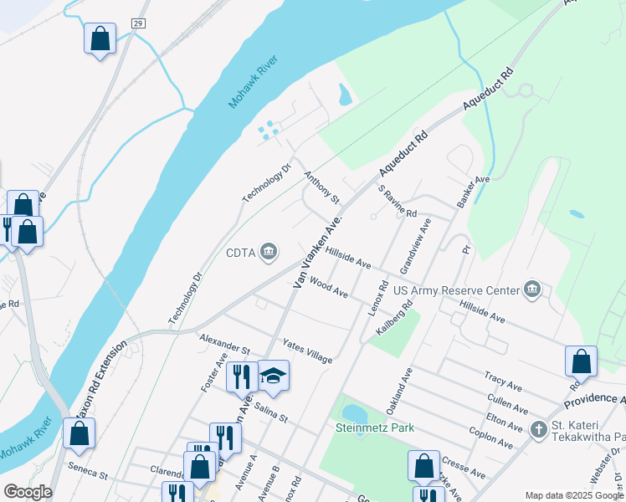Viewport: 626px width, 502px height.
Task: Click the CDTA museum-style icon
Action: coord(269,251)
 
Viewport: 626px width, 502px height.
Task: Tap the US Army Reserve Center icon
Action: coord(532,290)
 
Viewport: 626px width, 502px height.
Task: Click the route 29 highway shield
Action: coord(138,23)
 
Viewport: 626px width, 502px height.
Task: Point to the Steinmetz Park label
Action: coord(375,428)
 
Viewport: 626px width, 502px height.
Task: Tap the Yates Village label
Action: coord(307,351)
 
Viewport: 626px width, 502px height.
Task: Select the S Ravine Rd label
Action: coord(397,201)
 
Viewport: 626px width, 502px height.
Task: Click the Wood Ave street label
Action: coord(328,288)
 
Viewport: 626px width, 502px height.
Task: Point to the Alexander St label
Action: coord(224,343)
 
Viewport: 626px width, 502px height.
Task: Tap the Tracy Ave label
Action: coord(503,382)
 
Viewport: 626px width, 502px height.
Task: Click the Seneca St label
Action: coord(89,472)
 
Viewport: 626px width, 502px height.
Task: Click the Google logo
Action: coord(28,492)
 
